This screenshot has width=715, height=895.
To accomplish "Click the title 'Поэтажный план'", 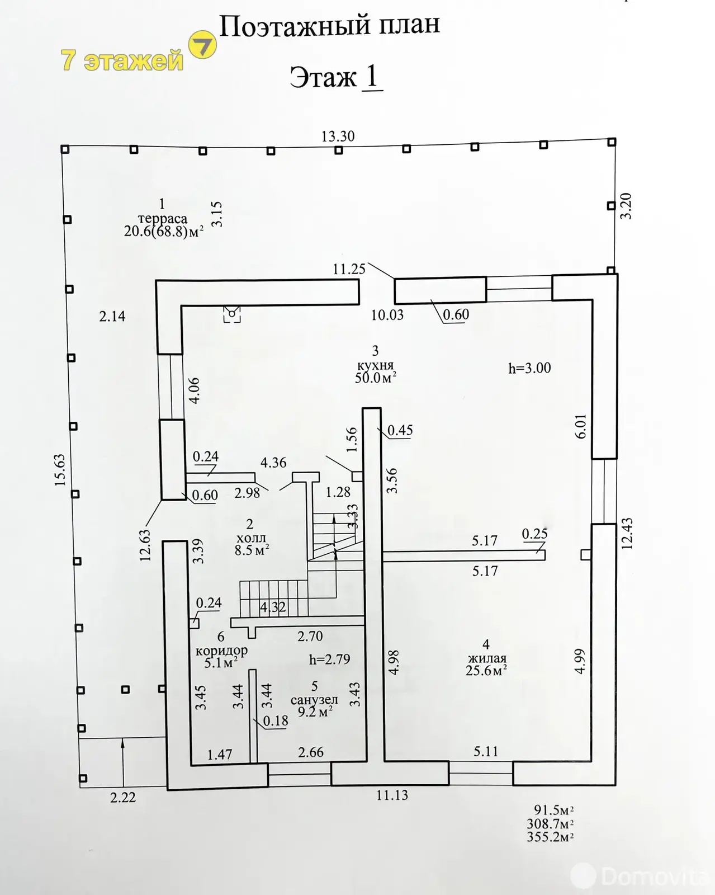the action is [329, 26].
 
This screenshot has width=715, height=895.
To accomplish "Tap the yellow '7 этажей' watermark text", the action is [122, 60].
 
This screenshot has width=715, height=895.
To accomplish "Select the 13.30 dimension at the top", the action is [338, 136].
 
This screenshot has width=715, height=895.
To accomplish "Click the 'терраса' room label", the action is [163, 218].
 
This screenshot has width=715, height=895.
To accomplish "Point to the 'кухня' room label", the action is [376, 365].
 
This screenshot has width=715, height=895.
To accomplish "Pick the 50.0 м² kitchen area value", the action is [376, 378].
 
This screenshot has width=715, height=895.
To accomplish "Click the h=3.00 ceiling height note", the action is [529, 368].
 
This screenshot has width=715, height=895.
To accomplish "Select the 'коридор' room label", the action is [221, 651].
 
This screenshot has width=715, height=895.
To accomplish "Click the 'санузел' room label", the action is [314, 699].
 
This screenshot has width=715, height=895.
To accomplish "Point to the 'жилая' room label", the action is [486, 658].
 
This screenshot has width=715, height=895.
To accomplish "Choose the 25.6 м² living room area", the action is [486, 671].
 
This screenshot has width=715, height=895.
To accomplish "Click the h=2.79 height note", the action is [330, 659].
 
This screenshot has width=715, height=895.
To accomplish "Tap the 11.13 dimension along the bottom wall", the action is [392, 795].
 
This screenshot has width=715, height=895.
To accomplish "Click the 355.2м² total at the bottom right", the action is [551, 837].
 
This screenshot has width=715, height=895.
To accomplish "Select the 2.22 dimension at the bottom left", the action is [123, 798].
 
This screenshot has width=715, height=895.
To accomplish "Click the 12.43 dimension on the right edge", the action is [627, 534].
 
